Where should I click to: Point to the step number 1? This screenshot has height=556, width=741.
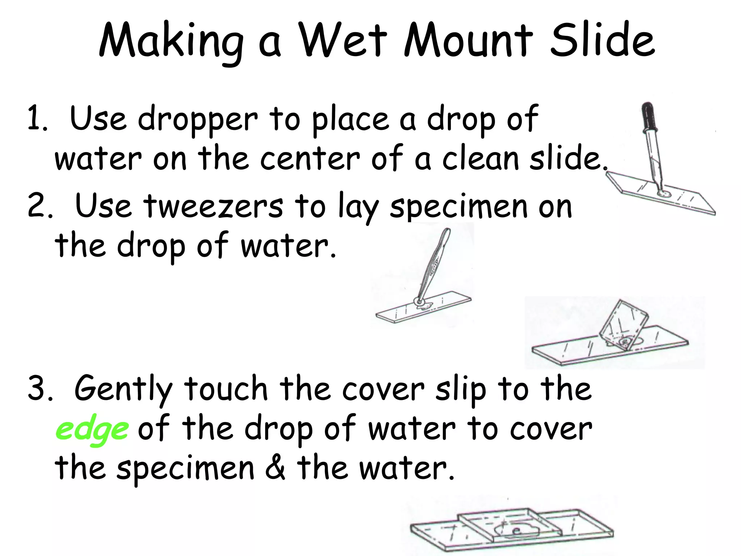36,119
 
